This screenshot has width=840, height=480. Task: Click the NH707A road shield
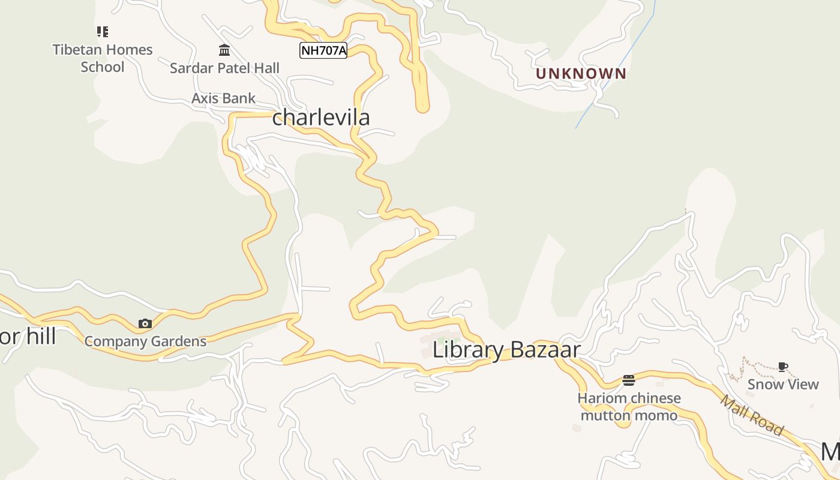[x=323, y=50]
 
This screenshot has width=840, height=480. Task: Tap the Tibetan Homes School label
[x=103, y=58]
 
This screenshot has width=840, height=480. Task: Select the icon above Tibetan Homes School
[x=103, y=31]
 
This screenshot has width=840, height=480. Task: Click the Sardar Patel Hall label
[x=224, y=68]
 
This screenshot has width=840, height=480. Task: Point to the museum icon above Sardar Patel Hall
[x=224, y=50]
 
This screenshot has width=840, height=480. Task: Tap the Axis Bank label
[x=223, y=98]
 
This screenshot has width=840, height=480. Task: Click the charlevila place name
[x=321, y=117]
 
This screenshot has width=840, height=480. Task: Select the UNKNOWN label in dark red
[x=581, y=74]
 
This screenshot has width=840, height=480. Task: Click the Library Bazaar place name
[x=506, y=350]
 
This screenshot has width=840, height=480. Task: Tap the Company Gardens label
[x=145, y=341]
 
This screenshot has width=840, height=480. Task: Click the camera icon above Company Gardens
[x=145, y=324]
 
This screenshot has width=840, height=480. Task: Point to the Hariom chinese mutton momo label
[x=629, y=407]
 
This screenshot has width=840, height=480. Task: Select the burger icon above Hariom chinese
[x=629, y=380]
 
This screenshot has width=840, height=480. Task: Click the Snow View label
[x=783, y=384]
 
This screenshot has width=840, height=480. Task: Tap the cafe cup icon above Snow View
[x=782, y=367]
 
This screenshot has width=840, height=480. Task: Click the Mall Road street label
[x=752, y=415]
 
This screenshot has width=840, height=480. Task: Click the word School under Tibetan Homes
[x=103, y=67]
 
